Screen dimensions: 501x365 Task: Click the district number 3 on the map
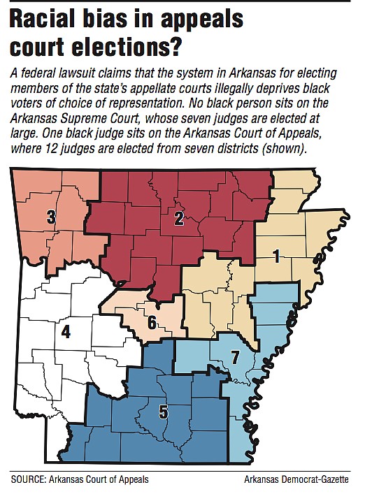click(51, 218)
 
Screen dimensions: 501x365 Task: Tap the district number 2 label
click(178, 219)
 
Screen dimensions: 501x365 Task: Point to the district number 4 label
click(66, 331)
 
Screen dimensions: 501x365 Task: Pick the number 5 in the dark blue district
click(163, 412)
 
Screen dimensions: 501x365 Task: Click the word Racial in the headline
click(50, 20)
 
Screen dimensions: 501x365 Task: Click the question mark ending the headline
click(185, 47)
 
